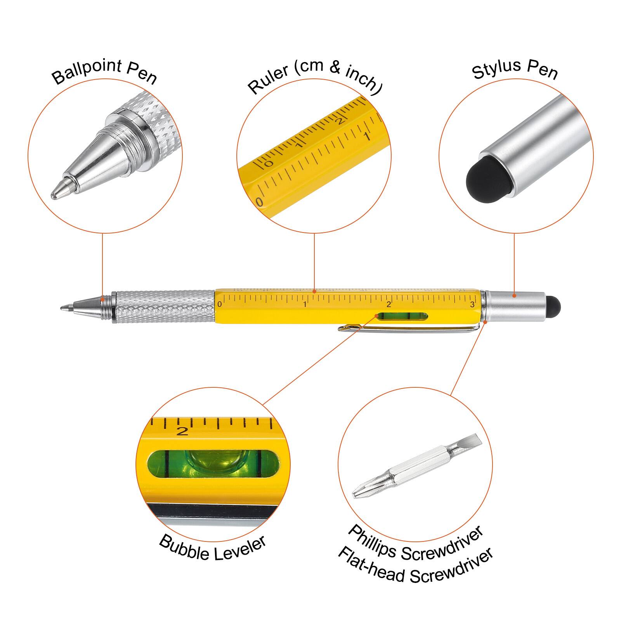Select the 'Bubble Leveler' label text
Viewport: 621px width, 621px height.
point(212,547)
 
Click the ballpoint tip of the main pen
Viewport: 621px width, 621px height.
point(64,308)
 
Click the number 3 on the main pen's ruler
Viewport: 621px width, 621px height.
point(472,305)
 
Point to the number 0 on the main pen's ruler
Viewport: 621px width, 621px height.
point(220,304)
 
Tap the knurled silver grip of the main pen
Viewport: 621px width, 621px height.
point(163,307)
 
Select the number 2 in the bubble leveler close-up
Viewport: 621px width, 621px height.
point(182,431)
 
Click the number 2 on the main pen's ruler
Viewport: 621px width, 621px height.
point(389,305)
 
